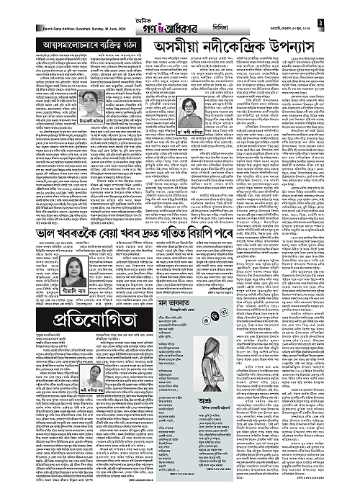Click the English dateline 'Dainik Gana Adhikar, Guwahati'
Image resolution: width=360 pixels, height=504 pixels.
(x=43, y=27)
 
